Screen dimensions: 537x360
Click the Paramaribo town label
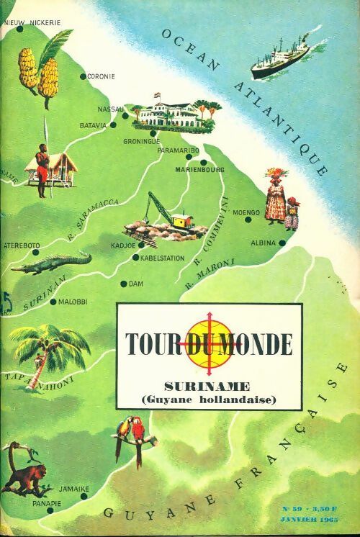point(176,152)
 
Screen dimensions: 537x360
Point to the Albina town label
point(263,243)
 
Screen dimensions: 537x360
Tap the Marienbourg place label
point(199,170)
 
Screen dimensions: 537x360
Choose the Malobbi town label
point(72,302)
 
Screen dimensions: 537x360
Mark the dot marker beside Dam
point(124,284)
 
